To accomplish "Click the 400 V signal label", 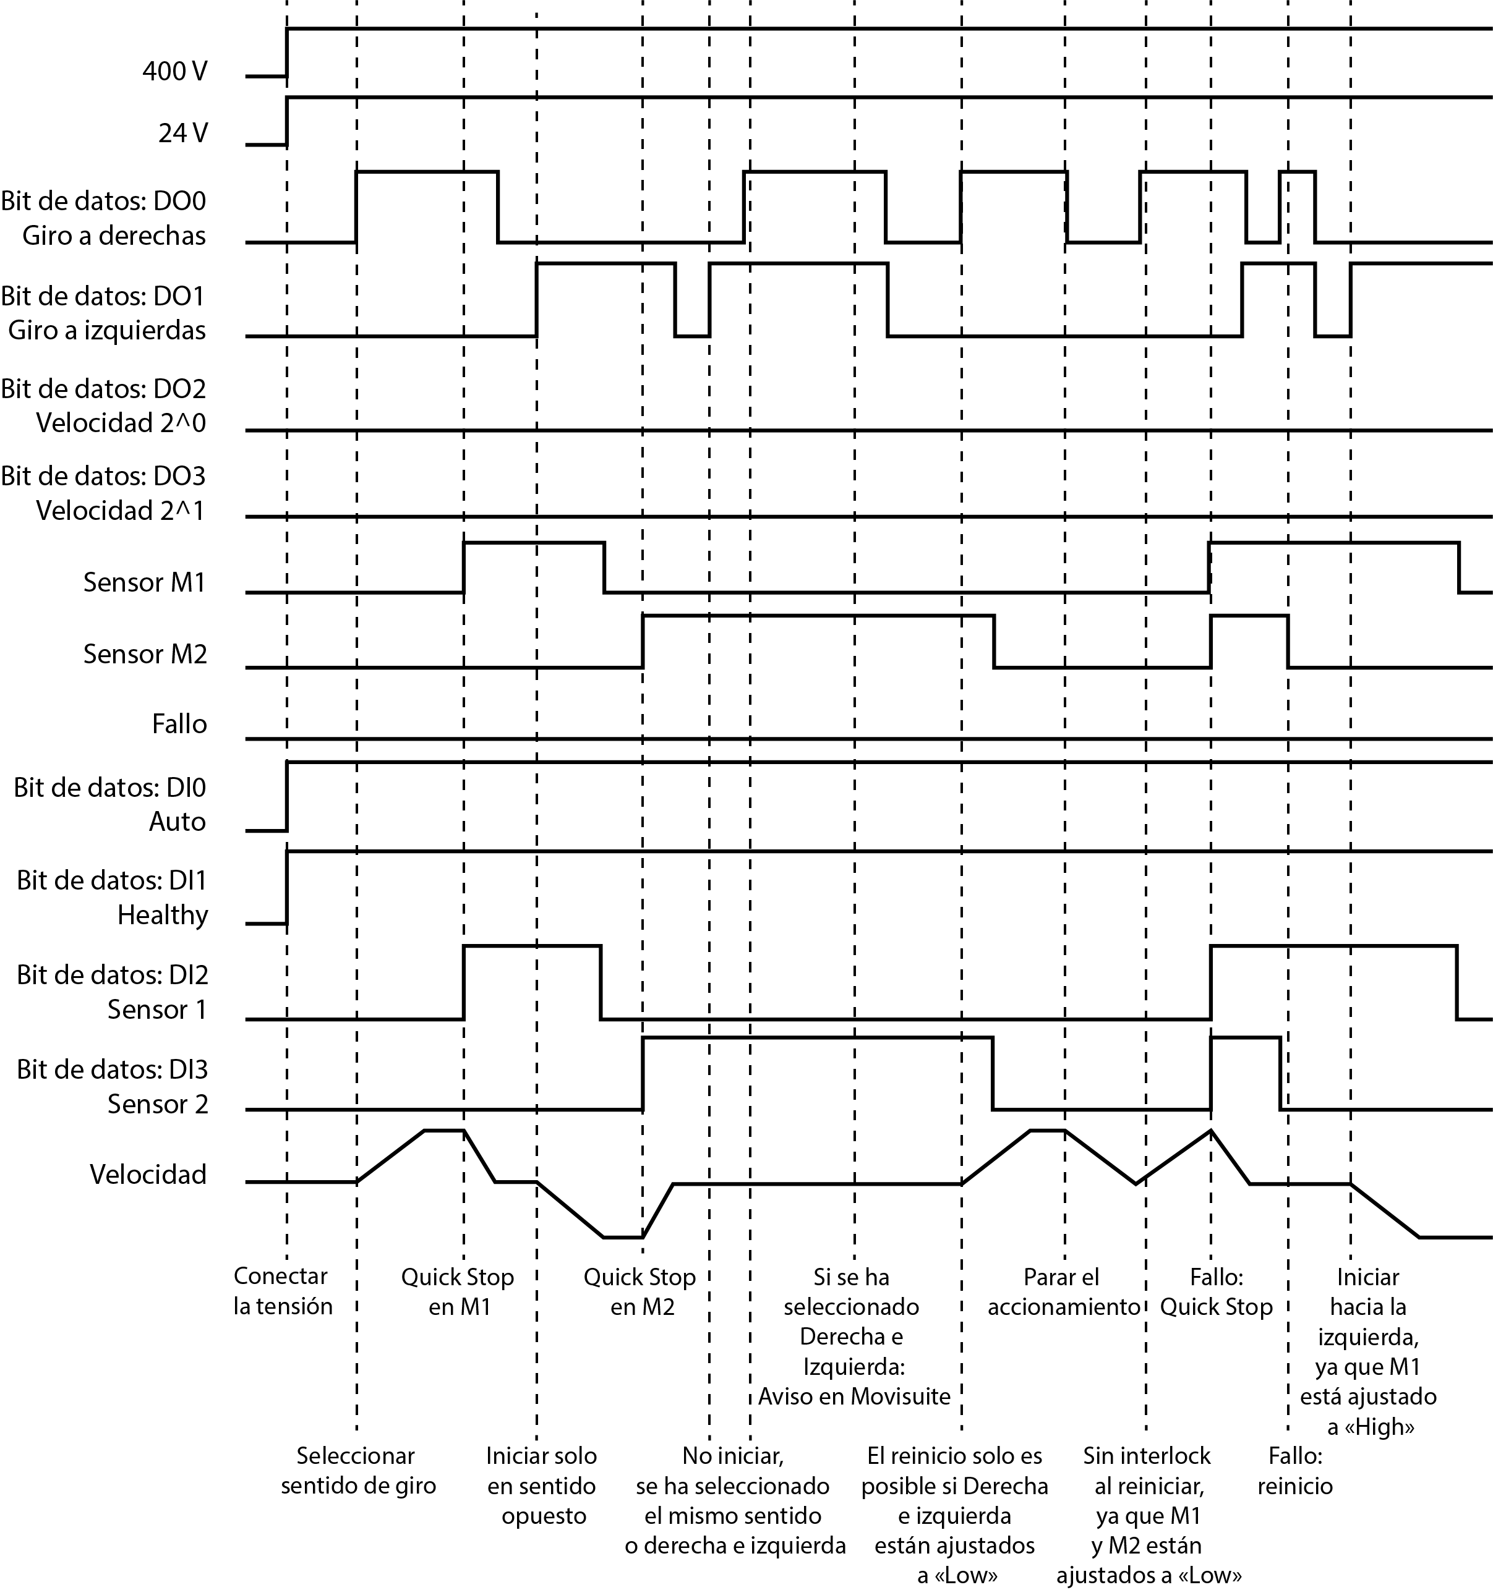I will (x=174, y=72).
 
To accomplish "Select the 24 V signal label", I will (x=182, y=133).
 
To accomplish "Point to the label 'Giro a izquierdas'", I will (x=106, y=330).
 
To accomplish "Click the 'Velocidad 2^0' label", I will (x=121, y=423).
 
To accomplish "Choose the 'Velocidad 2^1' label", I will (x=120, y=510).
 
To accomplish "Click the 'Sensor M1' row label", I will (x=145, y=582).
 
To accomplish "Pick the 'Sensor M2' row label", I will (x=145, y=654).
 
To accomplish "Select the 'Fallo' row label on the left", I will (x=179, y=725).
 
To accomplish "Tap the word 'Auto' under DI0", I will (x=177, y=822).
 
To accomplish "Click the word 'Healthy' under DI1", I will (x=163, y=914).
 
